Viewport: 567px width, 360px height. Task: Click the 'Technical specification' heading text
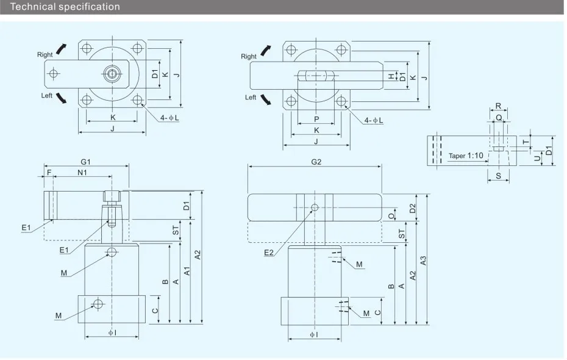point(65,7)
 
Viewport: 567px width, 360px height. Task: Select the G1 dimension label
point(86,162)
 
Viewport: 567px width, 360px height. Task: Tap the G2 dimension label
point(316,162)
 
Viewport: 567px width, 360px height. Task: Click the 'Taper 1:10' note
point(466,156)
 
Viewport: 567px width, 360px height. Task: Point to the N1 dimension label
point(82,173)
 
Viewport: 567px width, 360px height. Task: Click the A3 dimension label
point(423,261)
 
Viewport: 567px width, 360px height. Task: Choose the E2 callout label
point(269,253)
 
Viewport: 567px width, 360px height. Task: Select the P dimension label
point(316,119)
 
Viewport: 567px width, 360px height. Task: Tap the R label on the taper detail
point(498,106)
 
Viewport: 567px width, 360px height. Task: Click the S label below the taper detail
point(498,176)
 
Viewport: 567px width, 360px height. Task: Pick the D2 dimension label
point(413,209)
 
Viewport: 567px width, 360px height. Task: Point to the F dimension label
point(49,173)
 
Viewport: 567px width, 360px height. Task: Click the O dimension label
point(391,216)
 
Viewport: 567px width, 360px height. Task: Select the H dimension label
point(391,76)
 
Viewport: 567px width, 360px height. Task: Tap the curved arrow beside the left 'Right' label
point(61,49)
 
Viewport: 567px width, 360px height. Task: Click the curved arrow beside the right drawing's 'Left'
point(266,99)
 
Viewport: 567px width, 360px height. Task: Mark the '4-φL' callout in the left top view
point(169,118)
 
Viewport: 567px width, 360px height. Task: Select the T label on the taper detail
point(526,142)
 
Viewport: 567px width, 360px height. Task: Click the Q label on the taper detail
point(499,118)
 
